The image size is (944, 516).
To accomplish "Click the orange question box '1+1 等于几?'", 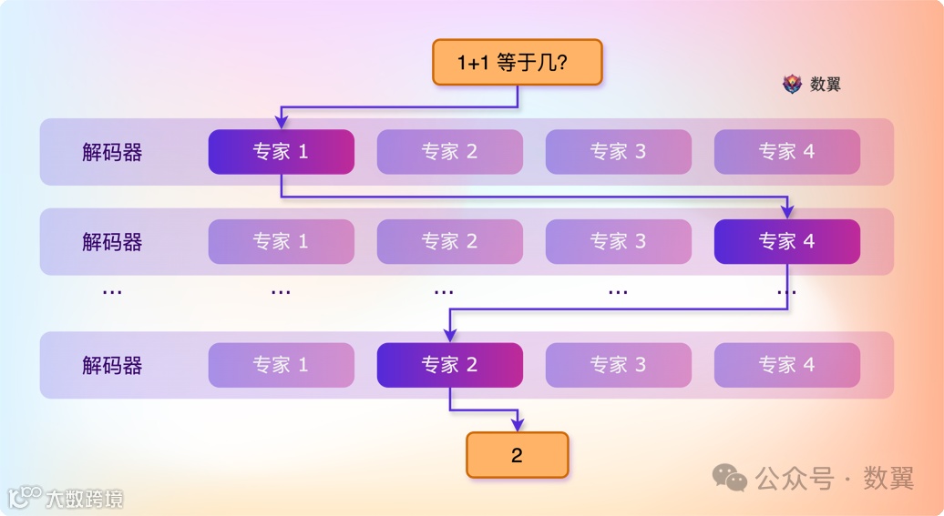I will coord(517,62).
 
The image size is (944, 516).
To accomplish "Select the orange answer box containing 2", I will coord(517,455).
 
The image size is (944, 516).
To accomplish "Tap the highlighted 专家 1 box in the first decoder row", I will coord(281,152).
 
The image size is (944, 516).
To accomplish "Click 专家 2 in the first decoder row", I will coord(449,152).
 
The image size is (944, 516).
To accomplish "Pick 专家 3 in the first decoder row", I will coord(618,152).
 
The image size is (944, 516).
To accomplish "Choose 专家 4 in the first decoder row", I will coord(786,152).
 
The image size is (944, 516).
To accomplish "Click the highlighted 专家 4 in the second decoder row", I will coord(786,241).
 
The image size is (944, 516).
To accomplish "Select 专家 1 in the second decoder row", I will coord(281,241).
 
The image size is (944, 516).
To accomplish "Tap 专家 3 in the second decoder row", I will coord(618,241).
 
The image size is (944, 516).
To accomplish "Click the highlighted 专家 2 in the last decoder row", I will coord(449,365).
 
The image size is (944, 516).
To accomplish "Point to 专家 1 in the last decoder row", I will coord(281,365).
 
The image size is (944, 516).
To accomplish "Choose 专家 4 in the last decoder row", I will coord(786,365).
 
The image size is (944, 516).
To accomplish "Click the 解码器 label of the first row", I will coord(112,152).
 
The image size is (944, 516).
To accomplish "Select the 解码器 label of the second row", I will coord(112,241).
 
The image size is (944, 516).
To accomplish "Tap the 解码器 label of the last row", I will coord(112,365).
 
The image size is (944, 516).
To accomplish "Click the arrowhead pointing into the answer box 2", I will coord(517,425).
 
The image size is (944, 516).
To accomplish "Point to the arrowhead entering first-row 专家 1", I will coord(281,123).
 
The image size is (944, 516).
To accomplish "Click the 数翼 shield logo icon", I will coord(792,84).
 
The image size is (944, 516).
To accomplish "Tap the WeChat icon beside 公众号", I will coord(730,477).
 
